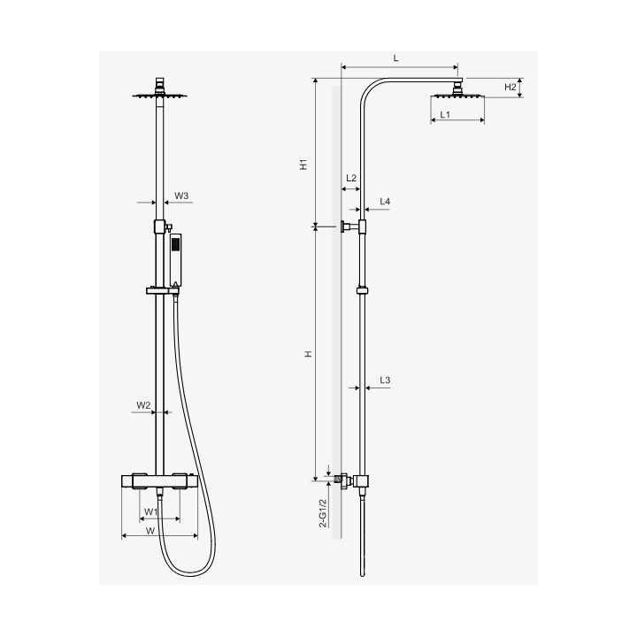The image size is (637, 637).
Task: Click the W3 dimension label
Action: [181, 196]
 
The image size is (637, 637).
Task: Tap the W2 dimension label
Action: [143, 405]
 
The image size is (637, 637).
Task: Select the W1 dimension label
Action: [150, 512]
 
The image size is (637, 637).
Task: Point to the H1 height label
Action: [303, 165]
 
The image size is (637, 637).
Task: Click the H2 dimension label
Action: [510, 87]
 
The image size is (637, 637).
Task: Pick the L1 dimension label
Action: [445, 114]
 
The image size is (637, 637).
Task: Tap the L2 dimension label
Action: [351, 178]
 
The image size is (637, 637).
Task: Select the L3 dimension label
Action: [385, 380]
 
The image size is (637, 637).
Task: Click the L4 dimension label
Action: [385, 202]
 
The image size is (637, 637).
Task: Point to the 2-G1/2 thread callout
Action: [323, 512]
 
